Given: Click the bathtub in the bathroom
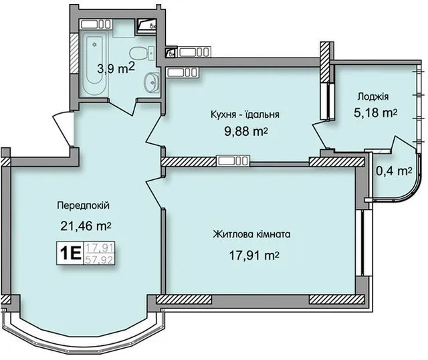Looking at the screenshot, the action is click(x=94, y=64).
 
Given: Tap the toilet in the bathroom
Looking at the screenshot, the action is click(x=142, y=53).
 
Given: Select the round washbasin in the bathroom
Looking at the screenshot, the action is click(x=151, y=82).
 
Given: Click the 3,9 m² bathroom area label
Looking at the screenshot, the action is click(x=116, y=68).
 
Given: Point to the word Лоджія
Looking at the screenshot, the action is click(x=373, y=97).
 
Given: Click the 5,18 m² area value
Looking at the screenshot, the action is click(x=375, y=113).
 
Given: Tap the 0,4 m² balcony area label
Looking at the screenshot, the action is click(x=394, y=171).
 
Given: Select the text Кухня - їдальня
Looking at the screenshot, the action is click(x=245, y=114).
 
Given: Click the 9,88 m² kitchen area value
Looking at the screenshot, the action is click(x=245, y=131).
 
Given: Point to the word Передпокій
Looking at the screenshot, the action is click(x=83, y=205).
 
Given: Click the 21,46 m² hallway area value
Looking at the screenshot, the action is click(x=86, y=226).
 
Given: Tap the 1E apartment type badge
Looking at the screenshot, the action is click(x=70, y=253).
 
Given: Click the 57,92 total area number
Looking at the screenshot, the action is click(x=100, y=260).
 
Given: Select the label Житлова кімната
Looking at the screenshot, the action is click(x=251, y=234).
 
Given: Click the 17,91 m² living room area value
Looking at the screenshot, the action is click(x=253, y=256).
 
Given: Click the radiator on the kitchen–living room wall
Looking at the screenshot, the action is click(x=233, y=161).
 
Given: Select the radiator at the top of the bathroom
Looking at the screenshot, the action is click(x=96, y=24).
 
